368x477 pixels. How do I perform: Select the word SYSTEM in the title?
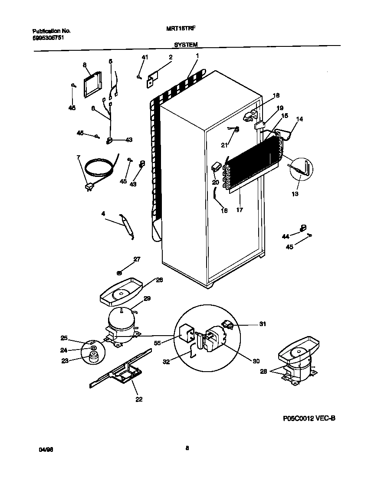(x=186, y=45)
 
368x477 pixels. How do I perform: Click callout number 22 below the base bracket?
(x=139, y=399)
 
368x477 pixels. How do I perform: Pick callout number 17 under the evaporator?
(x=240, y=210)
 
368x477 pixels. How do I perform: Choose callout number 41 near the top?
(x=145, y=57)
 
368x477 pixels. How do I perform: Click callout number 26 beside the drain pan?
(x=159, y=280)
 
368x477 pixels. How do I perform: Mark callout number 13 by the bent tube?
(x=295, y=194)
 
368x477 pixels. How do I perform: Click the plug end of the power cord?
(x=89, y=187)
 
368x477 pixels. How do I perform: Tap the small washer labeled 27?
(x=119, y=272)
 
